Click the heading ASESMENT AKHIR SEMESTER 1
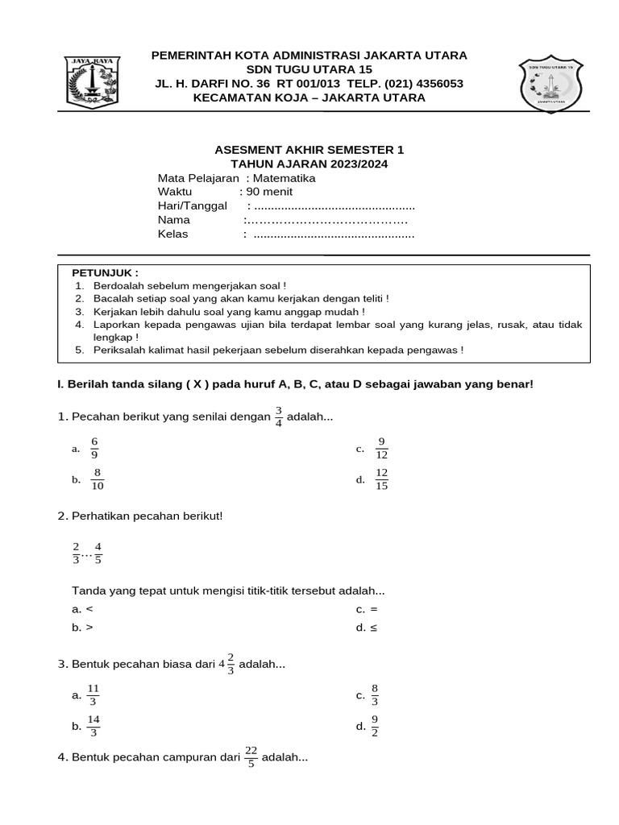309,150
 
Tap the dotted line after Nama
327,220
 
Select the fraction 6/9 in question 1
95,447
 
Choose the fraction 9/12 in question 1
381,447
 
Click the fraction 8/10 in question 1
98,479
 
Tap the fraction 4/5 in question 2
98,552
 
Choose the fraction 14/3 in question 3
93,726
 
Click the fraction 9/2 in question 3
375,726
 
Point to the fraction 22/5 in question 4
251,757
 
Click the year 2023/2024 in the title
353,164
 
